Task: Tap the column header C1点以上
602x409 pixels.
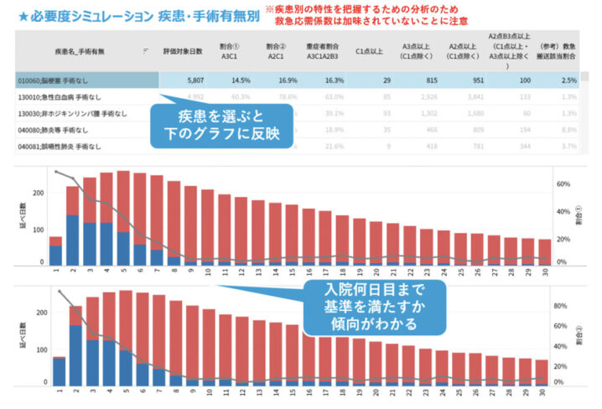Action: coord(368,51)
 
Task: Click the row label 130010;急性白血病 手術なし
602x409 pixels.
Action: coord(54,96)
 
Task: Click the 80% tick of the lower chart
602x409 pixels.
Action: coord(563,306)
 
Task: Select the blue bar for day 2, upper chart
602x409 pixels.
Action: coord(73,240)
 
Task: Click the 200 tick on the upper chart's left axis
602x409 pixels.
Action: coord(37,193)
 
